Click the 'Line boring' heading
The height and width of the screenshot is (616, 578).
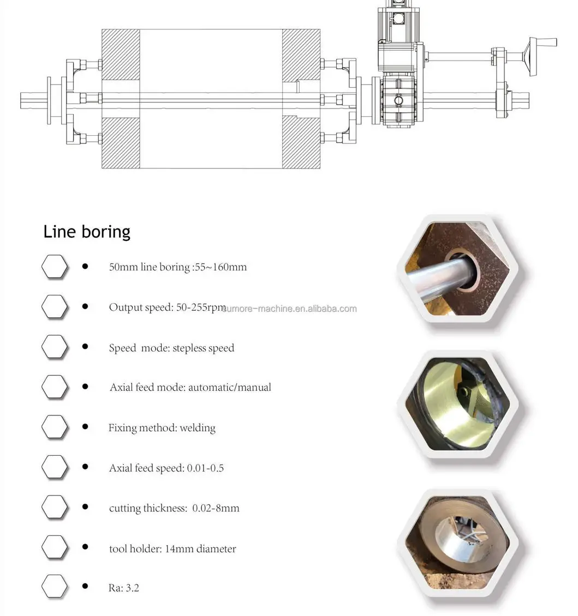pyautogui.click(x=87, y=232)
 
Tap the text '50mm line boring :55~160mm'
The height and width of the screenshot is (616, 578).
pyautogui.click(x=178, y=267)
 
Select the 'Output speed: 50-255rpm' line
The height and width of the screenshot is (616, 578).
pyautogui.click(x=168, y=307)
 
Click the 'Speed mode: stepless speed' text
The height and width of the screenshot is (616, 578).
pyautogui.click(x=171, y=348)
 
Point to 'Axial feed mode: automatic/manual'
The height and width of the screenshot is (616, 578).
pyautogui.click(x=190, y=388)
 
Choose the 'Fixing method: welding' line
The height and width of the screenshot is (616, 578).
pyautogui.click(x=162, y=428)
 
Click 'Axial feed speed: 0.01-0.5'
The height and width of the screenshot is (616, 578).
pyautogui.click(x=166, y=468)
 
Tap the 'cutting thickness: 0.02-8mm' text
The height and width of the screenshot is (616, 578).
pyautogui.click(x=174, y=509)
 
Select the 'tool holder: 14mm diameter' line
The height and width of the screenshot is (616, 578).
pyautogui.click(x=172, y=549)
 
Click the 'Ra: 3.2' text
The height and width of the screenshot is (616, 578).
pyautogui.click(x=123, y=588)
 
